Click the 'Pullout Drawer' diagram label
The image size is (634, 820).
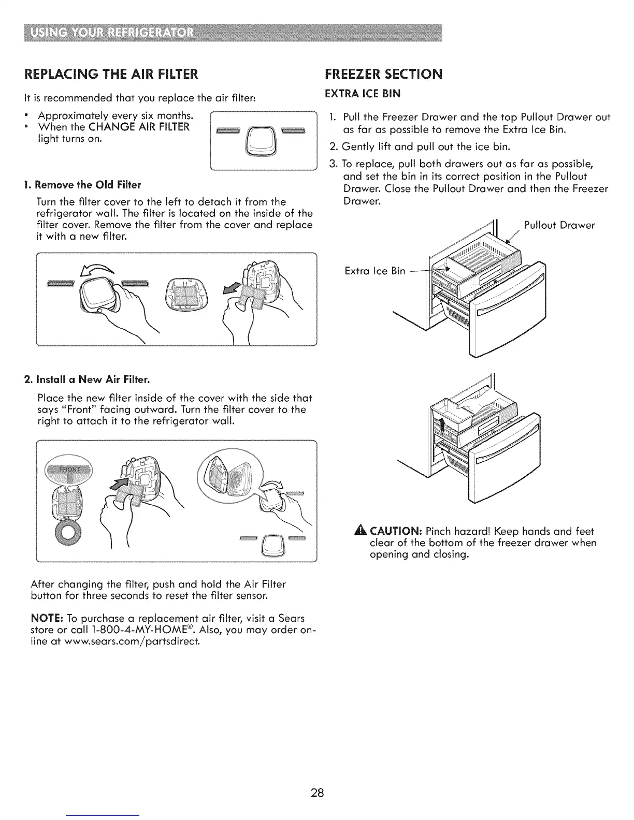coord(559,225)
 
